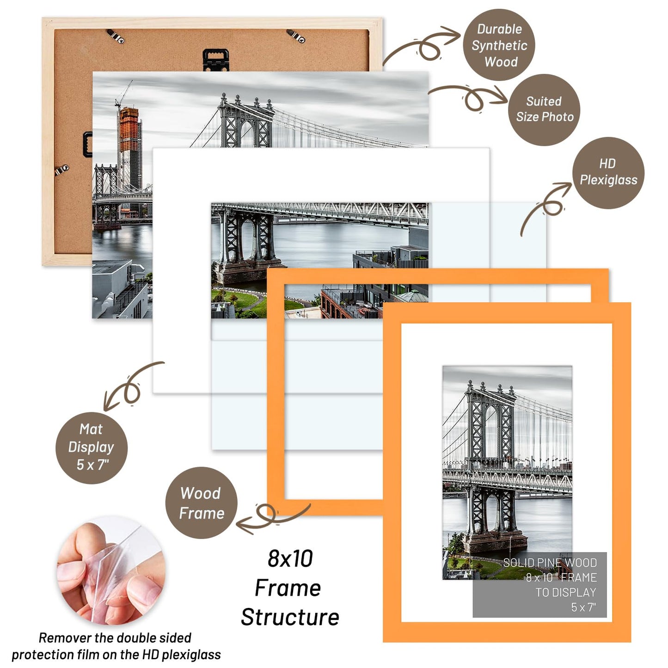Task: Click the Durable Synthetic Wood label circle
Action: pyautogui.click(x=499, y=45)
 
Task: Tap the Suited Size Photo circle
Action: pyautogui.click(x=544, y=110)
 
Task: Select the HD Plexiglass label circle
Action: pyautogui.click(x=608, y=172)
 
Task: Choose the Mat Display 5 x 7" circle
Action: pyautogui.click(x=92, y=447)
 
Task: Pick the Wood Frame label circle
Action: pyautogui.click(x=201, y=503)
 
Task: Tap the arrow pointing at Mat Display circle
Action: pyautogui.click(x=130, y=387)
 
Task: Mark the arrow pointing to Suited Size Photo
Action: pyautogui.click(x=472, y=96)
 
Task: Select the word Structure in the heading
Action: pyautogui.click(x=290, y=617)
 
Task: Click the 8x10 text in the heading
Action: pyautogui.click(x=290, y=558)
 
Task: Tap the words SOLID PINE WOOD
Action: pyautogui.click(x=550, y=563)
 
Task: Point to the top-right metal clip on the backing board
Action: pyautogui.click(x=296, y=36)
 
